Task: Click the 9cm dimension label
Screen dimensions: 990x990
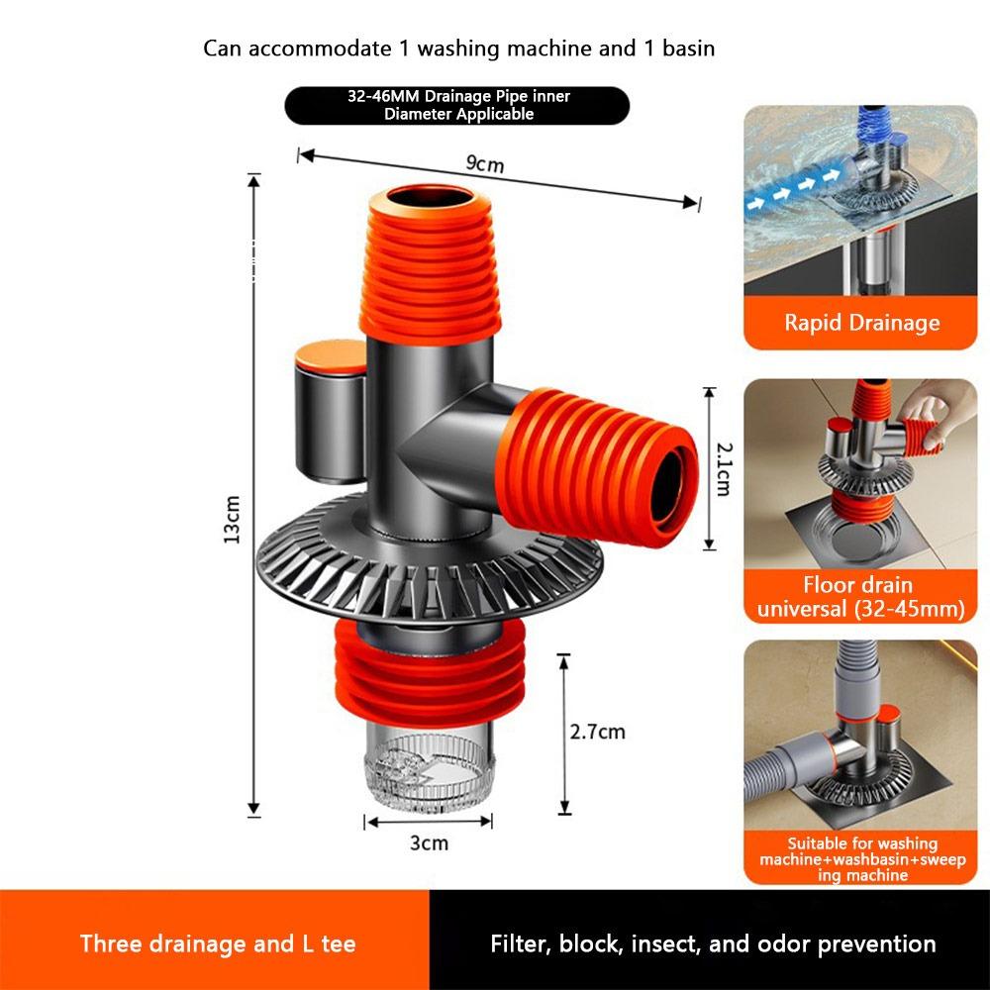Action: click(x=485, y=164)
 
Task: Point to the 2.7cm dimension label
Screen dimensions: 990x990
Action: click(x=597, y=732)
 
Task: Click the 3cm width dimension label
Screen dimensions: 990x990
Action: click(x=429, y=842)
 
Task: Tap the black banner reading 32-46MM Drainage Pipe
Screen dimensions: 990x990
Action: click(x=457, y=106)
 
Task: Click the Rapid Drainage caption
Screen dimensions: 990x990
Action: click(x=861, y=323)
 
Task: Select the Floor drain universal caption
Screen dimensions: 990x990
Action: click(x=860, y=597)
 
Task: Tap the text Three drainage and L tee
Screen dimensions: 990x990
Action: click(x=218, y=943)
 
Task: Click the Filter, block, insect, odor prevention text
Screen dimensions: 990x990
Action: click(x=713, y=943)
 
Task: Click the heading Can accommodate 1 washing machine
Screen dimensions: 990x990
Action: click(x=458, y=48)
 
